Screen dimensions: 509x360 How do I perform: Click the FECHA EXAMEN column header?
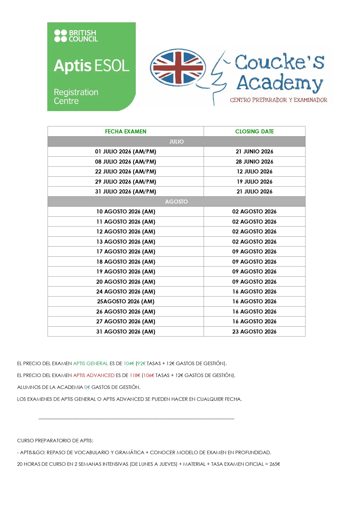click(x=126, y=131)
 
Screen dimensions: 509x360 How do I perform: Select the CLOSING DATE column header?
click(x=254, y=131)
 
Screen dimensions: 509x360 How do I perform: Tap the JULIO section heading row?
click(x=176, y=142)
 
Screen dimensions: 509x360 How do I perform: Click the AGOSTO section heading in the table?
click(x=176, y=202)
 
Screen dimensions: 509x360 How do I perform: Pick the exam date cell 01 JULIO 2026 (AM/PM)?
click(x=126, y=151)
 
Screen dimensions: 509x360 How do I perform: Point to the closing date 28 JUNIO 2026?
click(x=254, y=162)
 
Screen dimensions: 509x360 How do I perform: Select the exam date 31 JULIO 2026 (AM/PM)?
click(x=126, y=191)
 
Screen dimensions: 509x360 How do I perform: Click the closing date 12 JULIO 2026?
click(x=254, y=171)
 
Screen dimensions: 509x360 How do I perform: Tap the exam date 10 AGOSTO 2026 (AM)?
click(x=126, y=211)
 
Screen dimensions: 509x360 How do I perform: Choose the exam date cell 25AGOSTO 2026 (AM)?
click(x=126, y=301)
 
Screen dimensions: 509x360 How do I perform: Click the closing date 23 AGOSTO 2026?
click(x=254, y=332)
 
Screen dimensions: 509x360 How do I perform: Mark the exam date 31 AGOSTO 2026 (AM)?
click(x=126, y=332)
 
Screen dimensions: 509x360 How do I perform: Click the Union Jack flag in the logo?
click(x=178, y=68)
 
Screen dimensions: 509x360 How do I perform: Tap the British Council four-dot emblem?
click(x=60, y=36)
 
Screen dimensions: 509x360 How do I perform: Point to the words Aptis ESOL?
click(x=91, y=66)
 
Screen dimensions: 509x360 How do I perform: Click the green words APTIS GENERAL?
click(x=91, y=363)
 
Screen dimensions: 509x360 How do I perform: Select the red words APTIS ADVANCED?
click(x=94, y=375)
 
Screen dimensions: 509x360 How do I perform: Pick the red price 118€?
click(x=135, y=375)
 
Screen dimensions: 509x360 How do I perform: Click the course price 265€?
click(x=275, y=464)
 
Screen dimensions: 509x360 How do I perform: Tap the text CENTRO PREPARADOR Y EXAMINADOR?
click(x=278, y=100)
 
